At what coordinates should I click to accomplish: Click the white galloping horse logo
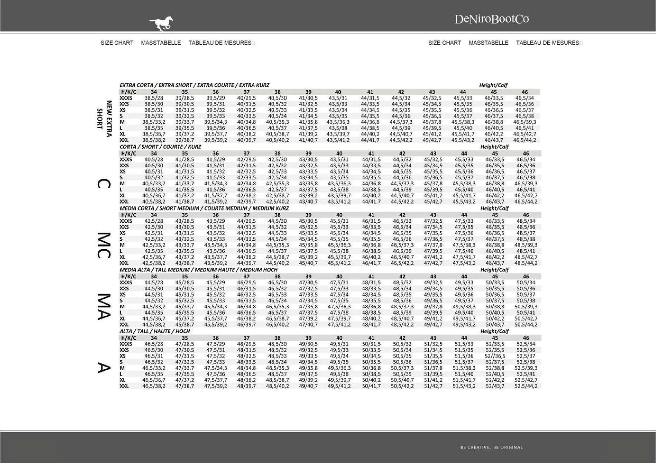coord(161,23)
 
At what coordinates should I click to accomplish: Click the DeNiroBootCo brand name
coord(492,19)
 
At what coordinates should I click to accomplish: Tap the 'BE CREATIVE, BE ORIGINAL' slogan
coord(492,448)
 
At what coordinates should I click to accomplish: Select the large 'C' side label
coord(103,184)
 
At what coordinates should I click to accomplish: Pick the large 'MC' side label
coord(103,245)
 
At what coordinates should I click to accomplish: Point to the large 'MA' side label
coord(103,306)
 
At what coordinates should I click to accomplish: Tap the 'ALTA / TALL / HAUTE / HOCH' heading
coord(155,331)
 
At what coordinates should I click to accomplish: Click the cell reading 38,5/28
coord(154,98)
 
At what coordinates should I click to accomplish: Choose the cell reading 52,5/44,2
coord(526,386)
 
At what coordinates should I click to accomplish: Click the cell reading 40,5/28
coord(154,160)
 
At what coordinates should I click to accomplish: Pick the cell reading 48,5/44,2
coord(526,263)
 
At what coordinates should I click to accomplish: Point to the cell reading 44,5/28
coord(154,282)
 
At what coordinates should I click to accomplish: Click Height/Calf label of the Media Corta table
coord(494,208)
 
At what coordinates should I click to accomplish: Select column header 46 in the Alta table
coord(526,338)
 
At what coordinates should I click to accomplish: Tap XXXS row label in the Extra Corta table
coord(126,98)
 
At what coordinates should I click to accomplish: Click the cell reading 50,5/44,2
coord(526,325)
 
